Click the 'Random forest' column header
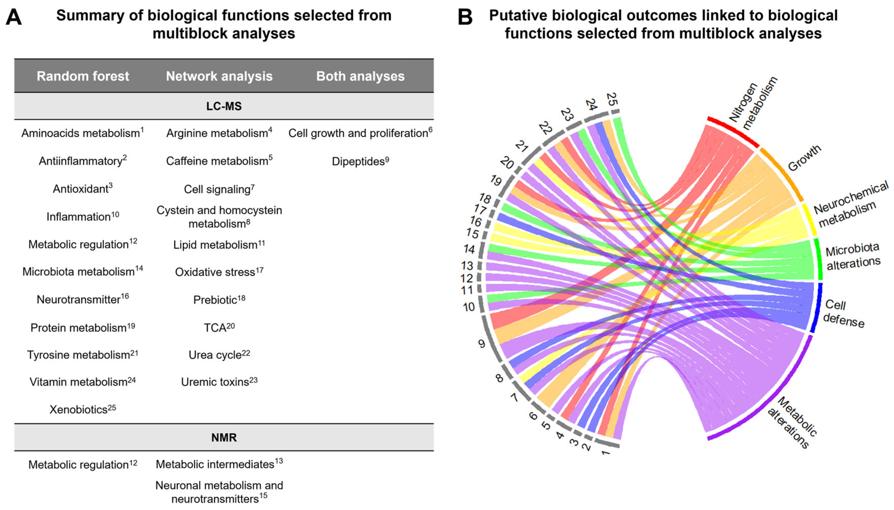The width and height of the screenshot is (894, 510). [83, 76]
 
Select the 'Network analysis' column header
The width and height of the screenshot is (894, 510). [219, 76]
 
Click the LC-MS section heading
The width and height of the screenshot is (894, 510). [224, 106]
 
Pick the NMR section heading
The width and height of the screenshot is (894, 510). [224, 437]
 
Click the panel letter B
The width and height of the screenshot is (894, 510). [465, 17]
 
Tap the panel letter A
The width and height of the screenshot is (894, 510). [14, 17]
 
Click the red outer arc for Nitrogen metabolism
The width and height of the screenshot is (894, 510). [733, 132]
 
